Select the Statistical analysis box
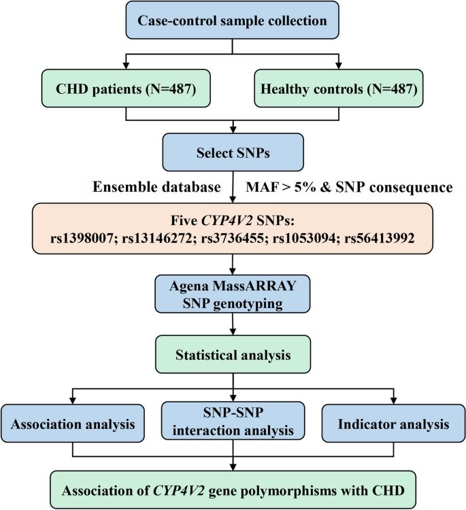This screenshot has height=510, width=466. tap(233, 354)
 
